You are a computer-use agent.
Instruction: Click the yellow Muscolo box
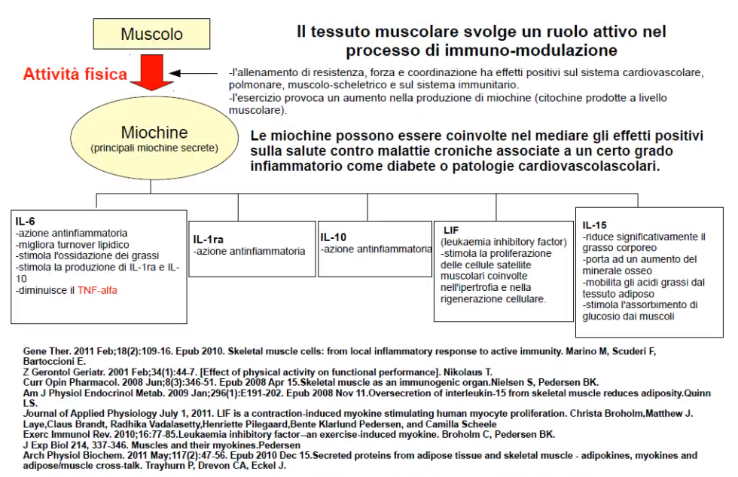(x=151, y=35)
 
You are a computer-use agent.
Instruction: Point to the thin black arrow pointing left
(x=197, y=74)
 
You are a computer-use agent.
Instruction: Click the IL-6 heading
(x=26, y=221)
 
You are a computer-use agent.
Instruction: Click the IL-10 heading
(x=334, y=237)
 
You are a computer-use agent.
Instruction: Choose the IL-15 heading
(x=595, y=225)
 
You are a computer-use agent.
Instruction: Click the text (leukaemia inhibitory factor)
(x=503, y=242)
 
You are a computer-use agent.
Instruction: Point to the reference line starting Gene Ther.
(x=41, y=352)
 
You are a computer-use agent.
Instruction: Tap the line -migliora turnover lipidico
(x=72, y=244)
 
